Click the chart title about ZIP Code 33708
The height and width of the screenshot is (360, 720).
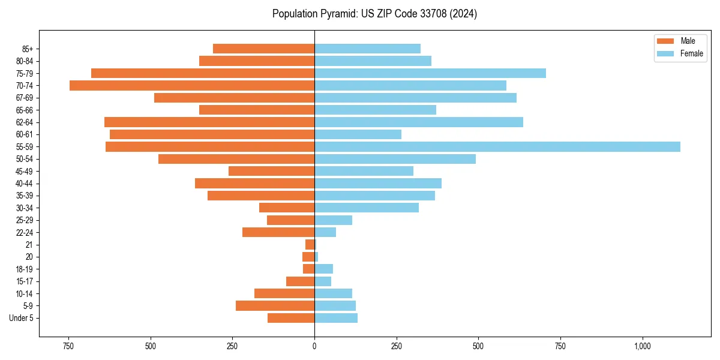[374, 14]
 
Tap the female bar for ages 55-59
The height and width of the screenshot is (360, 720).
[497, 146]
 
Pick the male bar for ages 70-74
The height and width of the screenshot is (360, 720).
[192, 85]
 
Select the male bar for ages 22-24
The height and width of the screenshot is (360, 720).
[278, 232]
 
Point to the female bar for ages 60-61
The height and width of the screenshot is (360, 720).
[358, 134]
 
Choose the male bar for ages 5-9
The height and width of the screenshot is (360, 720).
[275, 305]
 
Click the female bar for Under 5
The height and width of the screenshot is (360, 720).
[336, 318]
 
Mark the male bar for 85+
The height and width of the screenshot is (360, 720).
[263, 49]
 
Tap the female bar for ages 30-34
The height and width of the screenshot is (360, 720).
[367, 208]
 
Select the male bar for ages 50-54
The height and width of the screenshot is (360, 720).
[236, 159]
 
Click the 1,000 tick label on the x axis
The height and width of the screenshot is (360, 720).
[642, 346]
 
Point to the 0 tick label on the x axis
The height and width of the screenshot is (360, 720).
[314, 346]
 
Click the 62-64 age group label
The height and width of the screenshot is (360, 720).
[24, 122]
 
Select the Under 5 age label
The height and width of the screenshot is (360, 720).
[21, 318]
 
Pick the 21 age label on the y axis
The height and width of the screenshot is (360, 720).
[29, 245]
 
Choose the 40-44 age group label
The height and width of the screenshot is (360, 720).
[24, 184]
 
